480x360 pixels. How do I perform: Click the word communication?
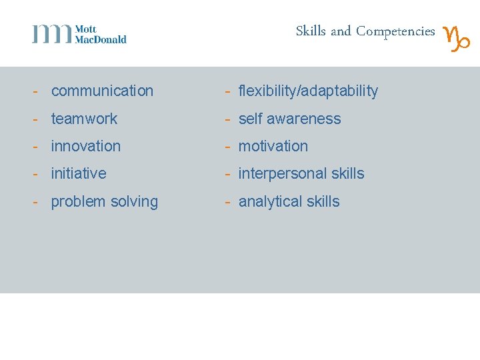pyautogui.click(x=102, y=91)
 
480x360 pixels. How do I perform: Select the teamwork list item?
pyautogui.click(x=84, y=119)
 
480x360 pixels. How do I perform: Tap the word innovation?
pyautogui.click(x=86, y=146)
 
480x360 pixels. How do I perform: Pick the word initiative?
pyautogui.click(x=79, y=173)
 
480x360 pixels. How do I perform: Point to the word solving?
pyautogui.click(x=133, y=202)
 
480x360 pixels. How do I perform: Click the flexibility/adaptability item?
pyautogui.click(x=308, y=91)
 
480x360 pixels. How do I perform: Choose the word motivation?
pyautogui.click(x=273, y=146)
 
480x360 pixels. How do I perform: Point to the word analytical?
pyautogui.click(x=270, y=201)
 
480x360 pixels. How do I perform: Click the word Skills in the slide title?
pyautogui.click(x=311, y=31)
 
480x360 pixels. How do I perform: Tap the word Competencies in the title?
pyautogui.click(x=395, y=31)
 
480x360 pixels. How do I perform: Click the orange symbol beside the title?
pyautogui.click(x=457, y=38)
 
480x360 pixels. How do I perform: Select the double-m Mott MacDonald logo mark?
pyautogui.click(x=52, y=33)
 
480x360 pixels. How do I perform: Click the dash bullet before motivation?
pyautogui.click(x=227, y=146)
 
